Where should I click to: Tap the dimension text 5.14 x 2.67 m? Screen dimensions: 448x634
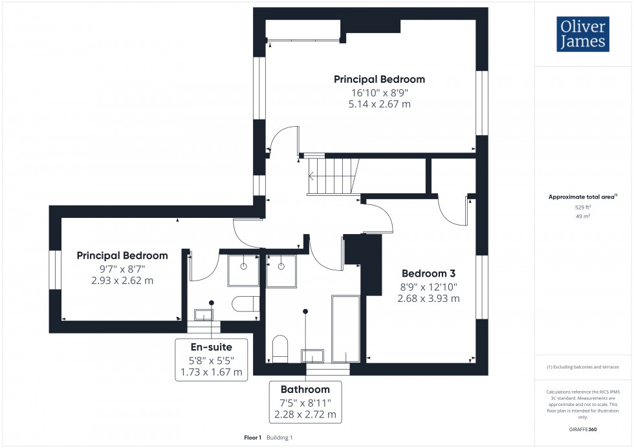(x=379, y=104)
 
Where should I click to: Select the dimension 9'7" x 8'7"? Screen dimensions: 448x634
(x=122, y=268)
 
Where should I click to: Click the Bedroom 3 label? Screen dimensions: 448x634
(x=428, y=273)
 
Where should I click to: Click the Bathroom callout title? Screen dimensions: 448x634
(x=305, y=389)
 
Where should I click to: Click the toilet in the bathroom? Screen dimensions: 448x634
(x=280, y=349)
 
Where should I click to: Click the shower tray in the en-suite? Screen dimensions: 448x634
(x=243, y=270)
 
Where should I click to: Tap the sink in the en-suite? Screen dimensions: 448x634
(x=204, y=315)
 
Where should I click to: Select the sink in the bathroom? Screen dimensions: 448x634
(x=312, y=356)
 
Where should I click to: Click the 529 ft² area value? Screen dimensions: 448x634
(x=583, y=207)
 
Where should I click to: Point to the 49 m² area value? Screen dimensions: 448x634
(x=583, y=216)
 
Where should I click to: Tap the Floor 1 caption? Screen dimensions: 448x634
(x=252, y=438)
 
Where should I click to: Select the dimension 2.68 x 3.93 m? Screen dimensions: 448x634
(x=428, y=299)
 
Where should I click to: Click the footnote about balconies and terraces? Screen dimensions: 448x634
(x=583, y=367)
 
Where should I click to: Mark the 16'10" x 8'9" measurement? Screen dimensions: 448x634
(x=379, y=92)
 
